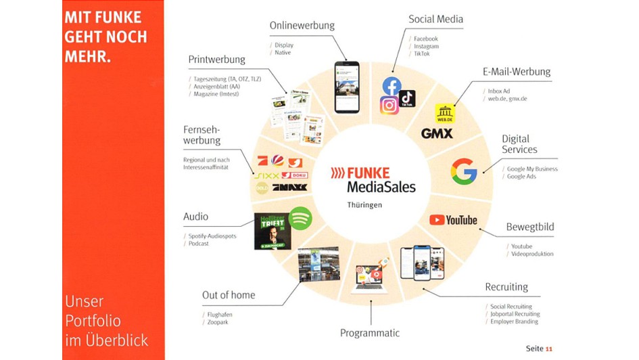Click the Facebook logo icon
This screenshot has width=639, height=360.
tap(392, 86)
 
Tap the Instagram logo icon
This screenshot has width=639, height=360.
tap(389, 106)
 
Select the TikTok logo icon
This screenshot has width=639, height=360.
tap(407, 99)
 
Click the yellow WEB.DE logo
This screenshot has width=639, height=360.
tap(445, 114)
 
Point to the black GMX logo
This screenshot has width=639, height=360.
tap(437, 133)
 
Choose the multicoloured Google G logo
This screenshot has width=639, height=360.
tap(465, 171)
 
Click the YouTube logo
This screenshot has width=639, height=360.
tap(453, 220)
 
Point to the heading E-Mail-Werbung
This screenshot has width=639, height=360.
tap(517, 72)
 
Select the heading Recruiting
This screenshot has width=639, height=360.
tap(506, 287)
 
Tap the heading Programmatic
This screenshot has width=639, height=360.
tap(369, 333)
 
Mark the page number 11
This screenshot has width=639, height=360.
tap(548, 348)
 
